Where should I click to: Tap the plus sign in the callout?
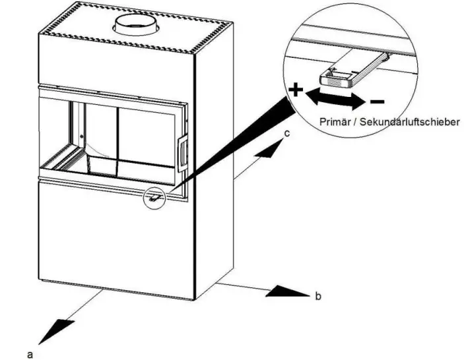[x=296, y=91]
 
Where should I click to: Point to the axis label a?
[x=30, y=354]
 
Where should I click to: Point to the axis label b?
[x=318, y=297]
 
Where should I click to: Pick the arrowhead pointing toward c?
[x=271, y=150]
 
